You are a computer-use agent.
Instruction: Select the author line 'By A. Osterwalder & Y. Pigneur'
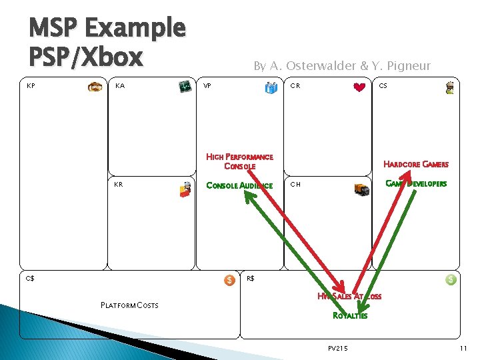(341, 65)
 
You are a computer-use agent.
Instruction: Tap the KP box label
(31, 86)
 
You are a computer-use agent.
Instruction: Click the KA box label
(120, 86)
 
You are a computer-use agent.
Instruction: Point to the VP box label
(207, 86)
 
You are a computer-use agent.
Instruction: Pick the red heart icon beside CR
(360, 87)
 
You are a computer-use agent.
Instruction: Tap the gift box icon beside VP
(271, 87)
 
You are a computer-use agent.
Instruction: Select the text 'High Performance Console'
(239, 161)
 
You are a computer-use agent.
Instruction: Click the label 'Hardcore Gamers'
(415, 165)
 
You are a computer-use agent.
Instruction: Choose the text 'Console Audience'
(239, 186)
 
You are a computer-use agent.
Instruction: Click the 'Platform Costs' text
(129, 305)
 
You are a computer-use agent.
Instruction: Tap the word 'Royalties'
(349, 316)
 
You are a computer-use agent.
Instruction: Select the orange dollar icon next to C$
(229, 280)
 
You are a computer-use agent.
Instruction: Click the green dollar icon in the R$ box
(451, 280)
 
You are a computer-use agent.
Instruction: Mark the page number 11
(463, 348)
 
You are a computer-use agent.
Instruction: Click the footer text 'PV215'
(338, 348)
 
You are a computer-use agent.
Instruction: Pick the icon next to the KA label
(184, 87)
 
